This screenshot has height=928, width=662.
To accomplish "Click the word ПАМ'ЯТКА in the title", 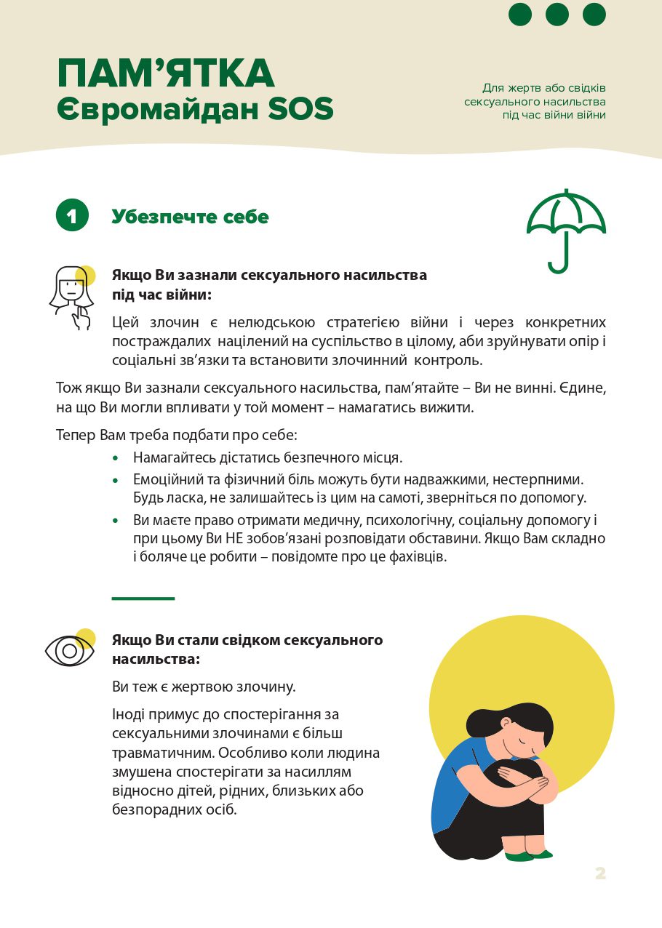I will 166,73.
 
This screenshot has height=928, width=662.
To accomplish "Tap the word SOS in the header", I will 300,109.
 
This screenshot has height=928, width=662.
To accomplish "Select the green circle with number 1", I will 72,216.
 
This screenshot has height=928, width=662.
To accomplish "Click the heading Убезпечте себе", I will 190,217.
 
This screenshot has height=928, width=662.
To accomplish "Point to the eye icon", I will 70,650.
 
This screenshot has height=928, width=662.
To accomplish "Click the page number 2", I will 600,873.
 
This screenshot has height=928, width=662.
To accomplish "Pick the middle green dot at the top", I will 557,15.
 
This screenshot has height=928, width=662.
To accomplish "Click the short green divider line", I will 143,599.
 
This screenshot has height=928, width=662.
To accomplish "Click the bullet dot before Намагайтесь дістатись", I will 115,459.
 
